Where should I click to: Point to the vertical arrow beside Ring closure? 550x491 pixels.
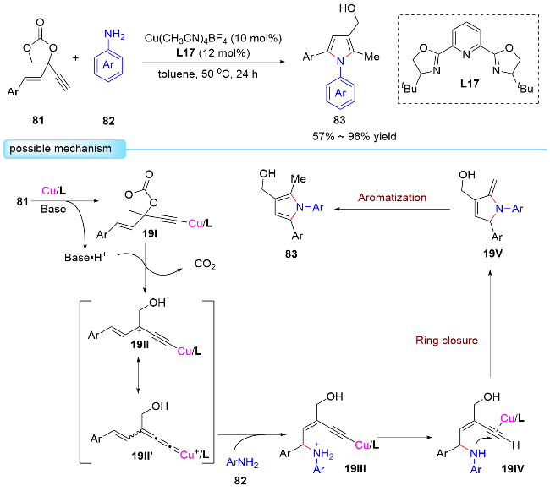tap(489, 338)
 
